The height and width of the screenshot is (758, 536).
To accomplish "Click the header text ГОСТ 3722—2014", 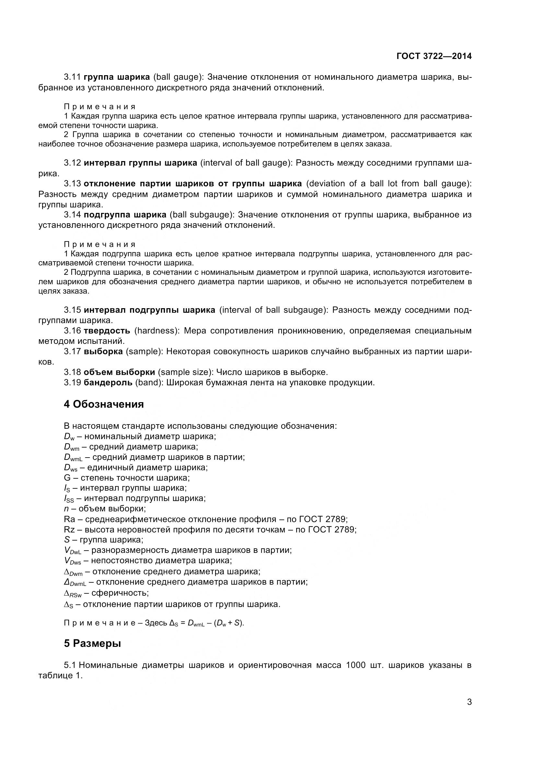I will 434,56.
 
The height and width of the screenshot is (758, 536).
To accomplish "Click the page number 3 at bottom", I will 469,711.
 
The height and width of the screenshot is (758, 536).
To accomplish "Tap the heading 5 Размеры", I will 92,644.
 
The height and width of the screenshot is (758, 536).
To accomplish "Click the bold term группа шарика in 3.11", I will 117,77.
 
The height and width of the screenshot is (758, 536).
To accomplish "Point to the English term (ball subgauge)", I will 201,215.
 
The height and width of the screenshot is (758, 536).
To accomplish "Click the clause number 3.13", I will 72,183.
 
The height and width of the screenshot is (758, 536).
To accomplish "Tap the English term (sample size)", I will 185,372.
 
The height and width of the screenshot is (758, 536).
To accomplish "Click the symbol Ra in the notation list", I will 69,519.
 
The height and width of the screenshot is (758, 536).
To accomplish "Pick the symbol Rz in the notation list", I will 69,530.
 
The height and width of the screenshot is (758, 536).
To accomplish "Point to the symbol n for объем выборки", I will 66,509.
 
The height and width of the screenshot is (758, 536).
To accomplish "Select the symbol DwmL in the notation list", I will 73,458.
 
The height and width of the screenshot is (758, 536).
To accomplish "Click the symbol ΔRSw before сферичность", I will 73,593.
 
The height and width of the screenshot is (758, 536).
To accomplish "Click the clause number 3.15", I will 72,310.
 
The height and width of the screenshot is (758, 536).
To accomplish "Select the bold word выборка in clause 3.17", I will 103,352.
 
